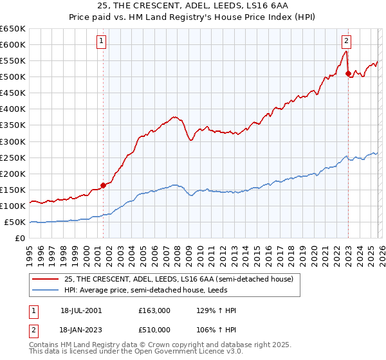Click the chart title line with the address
pos(192,6)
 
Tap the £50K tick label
pos(15,222)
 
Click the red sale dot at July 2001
pos(103,185)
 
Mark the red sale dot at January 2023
pos(348,73)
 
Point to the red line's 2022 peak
pos(345,51)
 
